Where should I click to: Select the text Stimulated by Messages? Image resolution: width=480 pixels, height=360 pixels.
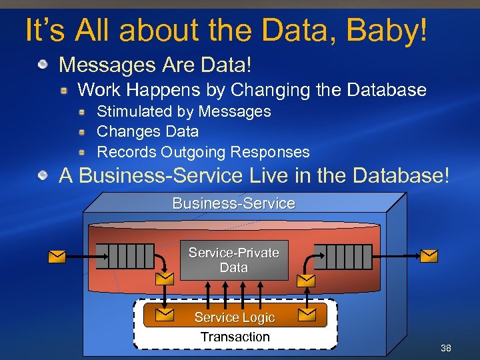click(184, 111)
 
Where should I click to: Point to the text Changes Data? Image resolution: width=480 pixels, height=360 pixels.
click(148, 131)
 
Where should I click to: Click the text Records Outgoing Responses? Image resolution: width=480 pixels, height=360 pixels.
click(203, 152)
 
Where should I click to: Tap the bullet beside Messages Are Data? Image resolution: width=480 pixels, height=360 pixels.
click(43, 65)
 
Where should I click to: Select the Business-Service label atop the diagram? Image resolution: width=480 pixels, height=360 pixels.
click(233, 203)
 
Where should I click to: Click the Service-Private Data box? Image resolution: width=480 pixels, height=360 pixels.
click(233, 260)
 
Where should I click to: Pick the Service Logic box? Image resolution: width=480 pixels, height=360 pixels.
click(235, 317)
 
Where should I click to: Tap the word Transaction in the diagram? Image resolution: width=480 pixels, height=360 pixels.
click(235, 337)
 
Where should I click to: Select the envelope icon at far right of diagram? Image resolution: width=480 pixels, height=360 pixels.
click(429, 256)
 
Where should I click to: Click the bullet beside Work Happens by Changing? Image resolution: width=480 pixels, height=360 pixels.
click(65, 89)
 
